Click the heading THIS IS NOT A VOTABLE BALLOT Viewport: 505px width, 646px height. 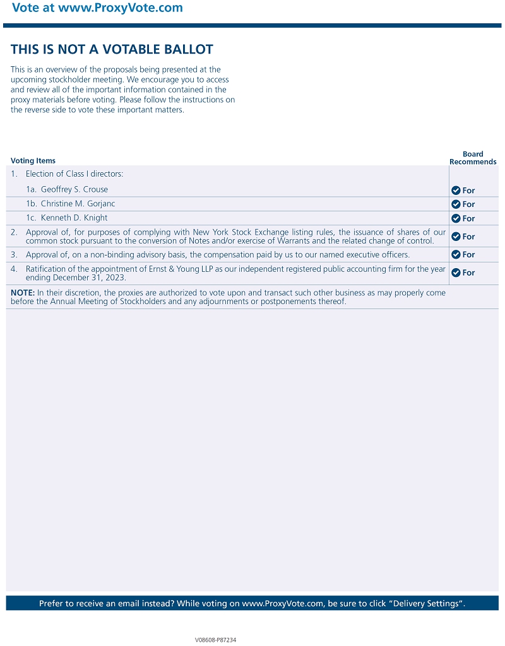112,49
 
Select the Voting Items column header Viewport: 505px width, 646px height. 33,161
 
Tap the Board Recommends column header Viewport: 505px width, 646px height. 473,158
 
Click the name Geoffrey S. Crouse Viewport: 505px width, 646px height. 74,189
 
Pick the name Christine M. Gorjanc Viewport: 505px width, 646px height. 78,204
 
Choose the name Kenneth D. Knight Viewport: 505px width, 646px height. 74,218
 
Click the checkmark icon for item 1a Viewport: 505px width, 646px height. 456,191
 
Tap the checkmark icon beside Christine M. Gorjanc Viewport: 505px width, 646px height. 456,204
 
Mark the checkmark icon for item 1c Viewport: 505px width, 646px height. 456,218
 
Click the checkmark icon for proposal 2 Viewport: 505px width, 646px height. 456,237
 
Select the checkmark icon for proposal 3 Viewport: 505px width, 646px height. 456,255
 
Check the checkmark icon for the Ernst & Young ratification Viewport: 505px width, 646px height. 456,273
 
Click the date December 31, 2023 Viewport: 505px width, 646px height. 90,278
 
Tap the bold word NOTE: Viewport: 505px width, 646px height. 23,293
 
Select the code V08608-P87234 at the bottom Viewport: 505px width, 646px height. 215,640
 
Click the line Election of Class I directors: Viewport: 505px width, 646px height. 74,174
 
